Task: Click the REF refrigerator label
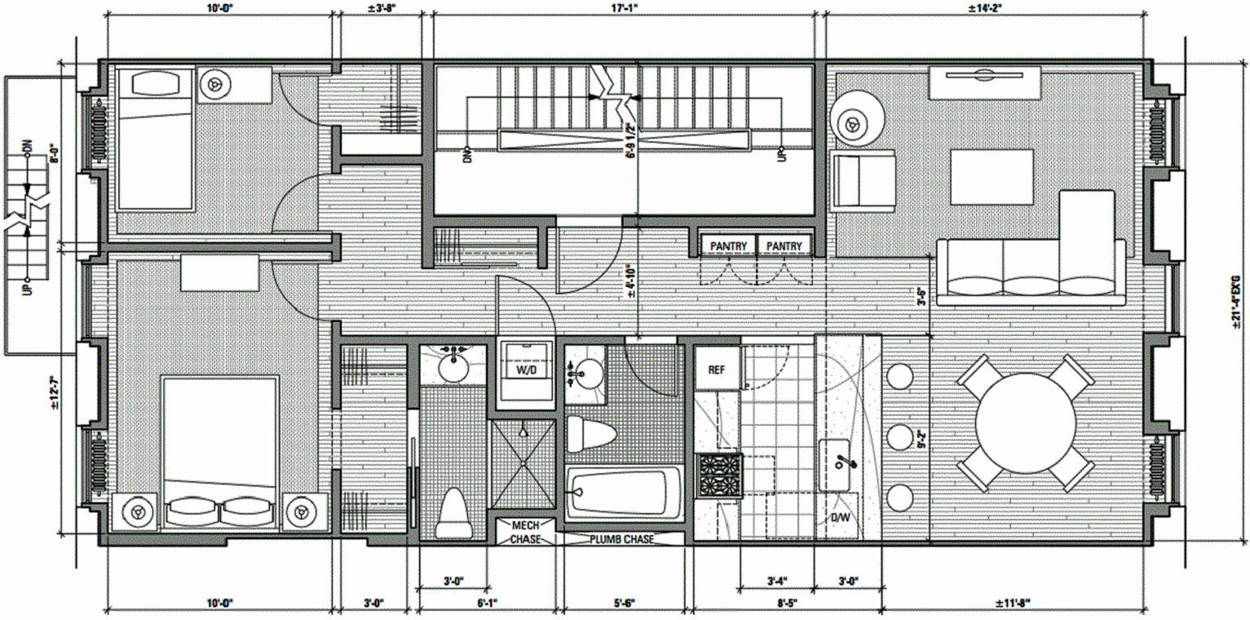716,370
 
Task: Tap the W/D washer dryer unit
525,370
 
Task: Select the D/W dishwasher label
838,518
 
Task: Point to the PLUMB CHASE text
621,539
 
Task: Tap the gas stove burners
719,476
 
